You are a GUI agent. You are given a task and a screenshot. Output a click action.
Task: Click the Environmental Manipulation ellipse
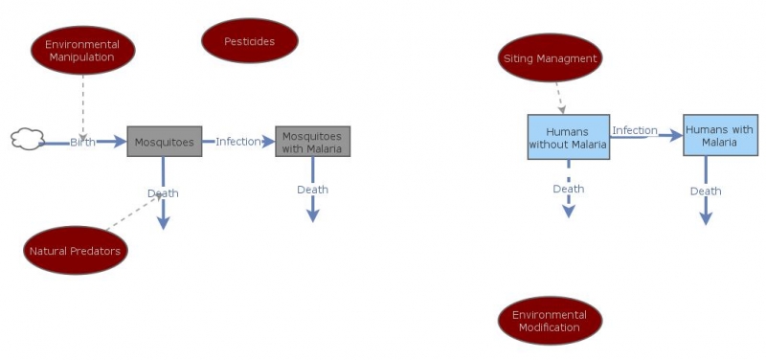pos(82,50)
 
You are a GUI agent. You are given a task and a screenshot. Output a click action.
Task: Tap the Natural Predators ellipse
pos(76,251)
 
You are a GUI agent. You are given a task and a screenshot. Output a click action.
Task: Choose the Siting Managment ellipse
pos(551,58)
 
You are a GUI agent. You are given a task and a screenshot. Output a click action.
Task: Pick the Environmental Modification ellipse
pos(551,321)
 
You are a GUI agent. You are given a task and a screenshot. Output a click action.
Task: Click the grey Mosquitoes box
pos(164,142)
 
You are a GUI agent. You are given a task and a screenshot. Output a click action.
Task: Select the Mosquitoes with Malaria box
pos(312,142)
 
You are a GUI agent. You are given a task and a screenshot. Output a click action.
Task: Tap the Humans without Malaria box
pos(568,137)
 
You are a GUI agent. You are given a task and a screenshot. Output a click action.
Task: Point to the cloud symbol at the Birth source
pos(28,139)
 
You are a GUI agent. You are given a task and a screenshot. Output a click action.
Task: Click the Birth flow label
pos(82,143)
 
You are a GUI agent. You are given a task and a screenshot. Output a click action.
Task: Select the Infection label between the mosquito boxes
pos(237,142)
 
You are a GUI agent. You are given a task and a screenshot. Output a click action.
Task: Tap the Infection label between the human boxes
pos(635,130)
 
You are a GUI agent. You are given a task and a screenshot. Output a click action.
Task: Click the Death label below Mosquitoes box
pos(163,193)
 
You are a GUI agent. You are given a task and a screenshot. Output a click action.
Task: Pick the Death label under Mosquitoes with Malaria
pos(312,190)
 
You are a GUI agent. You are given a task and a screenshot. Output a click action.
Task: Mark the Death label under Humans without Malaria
pos(568,189)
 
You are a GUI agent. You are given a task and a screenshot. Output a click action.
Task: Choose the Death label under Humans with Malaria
pos(706,191)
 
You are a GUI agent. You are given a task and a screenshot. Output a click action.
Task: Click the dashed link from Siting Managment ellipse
pos(558,96)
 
